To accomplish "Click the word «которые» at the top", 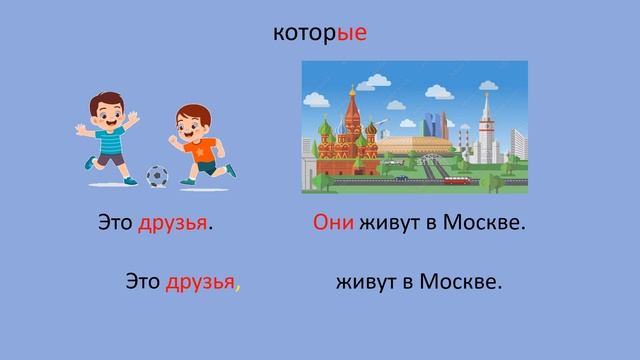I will click(319, 34).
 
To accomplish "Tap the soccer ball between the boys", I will click(157, 176).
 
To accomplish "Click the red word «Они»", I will click(334, 223).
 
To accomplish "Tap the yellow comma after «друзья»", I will click(238, 288).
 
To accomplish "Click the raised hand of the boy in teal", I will click(81, 129).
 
